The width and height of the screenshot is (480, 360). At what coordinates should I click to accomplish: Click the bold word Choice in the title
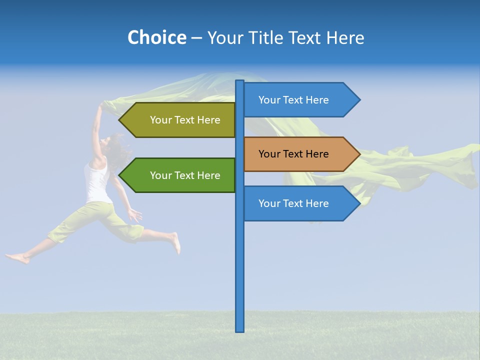pyautogui.click(x=156, y=37)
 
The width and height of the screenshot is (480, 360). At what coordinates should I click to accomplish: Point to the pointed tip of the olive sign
pyautogui.click(x=120, y=120)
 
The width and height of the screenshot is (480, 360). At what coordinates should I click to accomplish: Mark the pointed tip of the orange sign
pyautogui.click(x=359, y=154)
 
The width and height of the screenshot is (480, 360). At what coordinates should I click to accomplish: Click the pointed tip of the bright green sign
pyautogui.click(x=120, y=175)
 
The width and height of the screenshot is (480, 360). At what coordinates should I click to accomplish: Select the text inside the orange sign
pyautogui.click(x=293, y=154)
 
